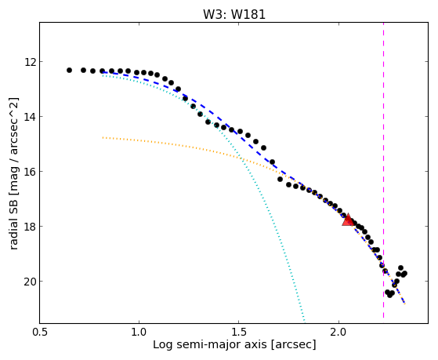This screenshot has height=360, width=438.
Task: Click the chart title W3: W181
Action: pos(234,14)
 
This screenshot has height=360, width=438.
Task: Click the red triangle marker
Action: pos(348,220)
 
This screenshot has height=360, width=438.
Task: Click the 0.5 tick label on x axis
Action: pos(40,332)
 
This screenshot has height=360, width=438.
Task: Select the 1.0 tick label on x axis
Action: pos(139,332)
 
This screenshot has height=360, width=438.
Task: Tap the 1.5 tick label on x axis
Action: pos(238,332)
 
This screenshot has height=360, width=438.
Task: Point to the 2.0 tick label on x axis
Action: pos(338,332)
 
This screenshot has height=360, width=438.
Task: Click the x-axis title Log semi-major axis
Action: pos(210,344)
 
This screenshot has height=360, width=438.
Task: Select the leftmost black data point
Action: pos(69,71)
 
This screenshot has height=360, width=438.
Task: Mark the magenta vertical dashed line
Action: pos(383,170)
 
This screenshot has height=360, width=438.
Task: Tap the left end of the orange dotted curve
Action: pos(103,137)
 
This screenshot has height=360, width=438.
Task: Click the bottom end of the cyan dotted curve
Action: pos(304,321)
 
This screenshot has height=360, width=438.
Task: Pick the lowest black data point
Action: pos(389,295)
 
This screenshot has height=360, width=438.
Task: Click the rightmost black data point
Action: pos(404,273)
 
